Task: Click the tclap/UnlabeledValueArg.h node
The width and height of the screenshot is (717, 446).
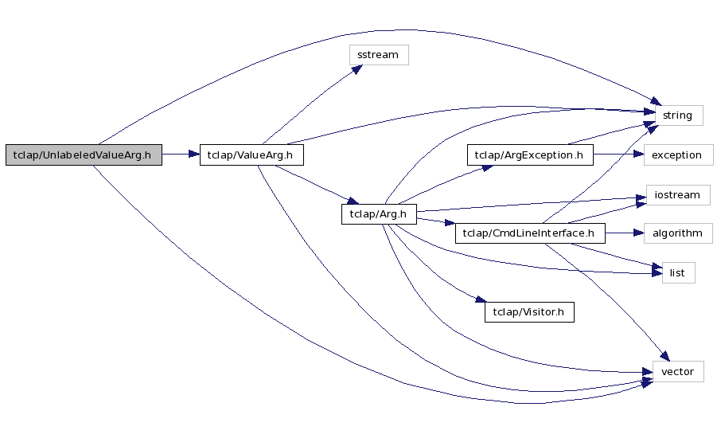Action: coord(84,155)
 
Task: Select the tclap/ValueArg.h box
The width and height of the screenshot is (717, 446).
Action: coord(251,155)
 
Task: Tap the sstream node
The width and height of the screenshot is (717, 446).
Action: coord(379,55)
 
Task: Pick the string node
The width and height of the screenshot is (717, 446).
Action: coord(677,115)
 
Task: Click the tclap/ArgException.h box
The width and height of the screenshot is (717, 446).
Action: coord(529,155)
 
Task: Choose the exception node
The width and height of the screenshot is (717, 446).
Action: coord(676,155)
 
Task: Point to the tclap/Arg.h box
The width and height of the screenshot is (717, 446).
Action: coord(379,214)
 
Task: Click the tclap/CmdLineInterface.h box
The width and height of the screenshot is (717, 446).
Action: coord(529,233)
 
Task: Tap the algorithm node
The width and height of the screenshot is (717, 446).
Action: coord(677,233)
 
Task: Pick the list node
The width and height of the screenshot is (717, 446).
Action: coord(677,272)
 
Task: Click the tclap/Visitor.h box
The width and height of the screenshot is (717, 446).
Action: coord(529,312)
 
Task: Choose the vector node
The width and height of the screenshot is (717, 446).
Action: coord(677,371)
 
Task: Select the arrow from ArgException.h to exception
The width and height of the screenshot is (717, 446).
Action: coord(618,155)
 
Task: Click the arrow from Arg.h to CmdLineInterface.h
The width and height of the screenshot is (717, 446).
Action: coord(434,223)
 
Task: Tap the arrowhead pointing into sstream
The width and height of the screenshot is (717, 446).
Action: coord(357,69)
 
